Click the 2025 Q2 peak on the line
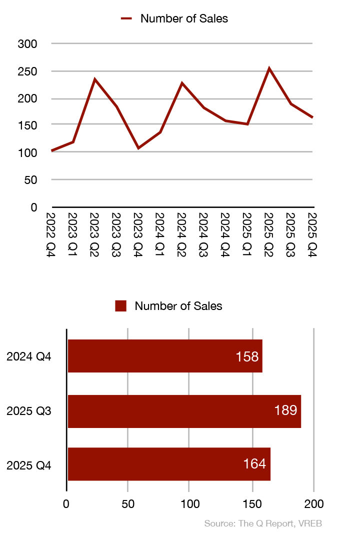pos(269,68)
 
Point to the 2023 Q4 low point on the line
pos(138,148)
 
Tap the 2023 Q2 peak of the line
pos(94,79)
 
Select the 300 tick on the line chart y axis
pos(27,44)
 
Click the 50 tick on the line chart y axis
pos(31,179)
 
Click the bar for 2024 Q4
pos(164,356)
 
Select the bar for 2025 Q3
pos(184,411)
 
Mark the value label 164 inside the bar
pos(254,464)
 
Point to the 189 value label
pos(285,411)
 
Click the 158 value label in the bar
pos(247,356)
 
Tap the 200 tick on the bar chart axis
pos(313,503)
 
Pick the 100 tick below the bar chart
pos(189,503)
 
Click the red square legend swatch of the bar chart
pos(120,306)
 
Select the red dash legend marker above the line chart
pos(126,19)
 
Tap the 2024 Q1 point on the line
pos(160,132)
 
